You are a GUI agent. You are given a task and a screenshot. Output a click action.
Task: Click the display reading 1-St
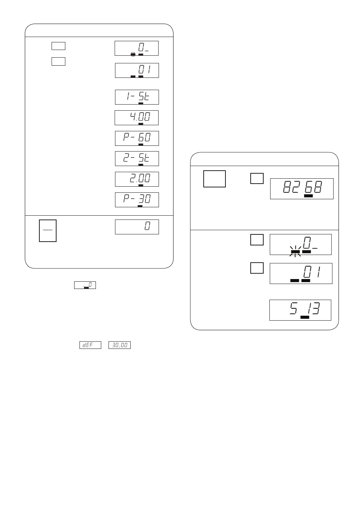137,97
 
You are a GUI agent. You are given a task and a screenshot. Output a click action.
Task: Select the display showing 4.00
136,118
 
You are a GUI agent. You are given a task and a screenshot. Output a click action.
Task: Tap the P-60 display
137,138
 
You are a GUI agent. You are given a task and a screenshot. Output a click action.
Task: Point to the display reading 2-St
137,159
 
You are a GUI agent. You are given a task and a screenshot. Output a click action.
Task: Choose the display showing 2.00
137,179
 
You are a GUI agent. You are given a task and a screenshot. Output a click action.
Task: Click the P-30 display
137,200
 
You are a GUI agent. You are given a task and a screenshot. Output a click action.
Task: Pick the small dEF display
90,345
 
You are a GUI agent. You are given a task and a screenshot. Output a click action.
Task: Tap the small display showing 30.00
120,345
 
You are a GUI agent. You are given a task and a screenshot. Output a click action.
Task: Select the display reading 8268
301,189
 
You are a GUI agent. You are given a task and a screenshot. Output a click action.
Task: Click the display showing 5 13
300,310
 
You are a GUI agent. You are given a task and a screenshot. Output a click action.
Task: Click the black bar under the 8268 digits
308,196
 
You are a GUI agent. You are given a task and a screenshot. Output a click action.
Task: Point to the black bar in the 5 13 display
305,317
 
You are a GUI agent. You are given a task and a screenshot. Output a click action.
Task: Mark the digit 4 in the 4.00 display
133,116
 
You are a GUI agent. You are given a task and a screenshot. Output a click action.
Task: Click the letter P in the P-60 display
126,137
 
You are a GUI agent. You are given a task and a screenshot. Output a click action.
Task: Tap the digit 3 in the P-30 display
141,198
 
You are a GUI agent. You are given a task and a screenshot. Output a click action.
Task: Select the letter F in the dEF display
91,345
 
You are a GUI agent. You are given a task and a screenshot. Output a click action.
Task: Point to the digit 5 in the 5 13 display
293,308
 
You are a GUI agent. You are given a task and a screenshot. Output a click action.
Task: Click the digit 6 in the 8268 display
309,187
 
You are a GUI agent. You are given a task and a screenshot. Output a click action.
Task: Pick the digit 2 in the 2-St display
126,158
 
